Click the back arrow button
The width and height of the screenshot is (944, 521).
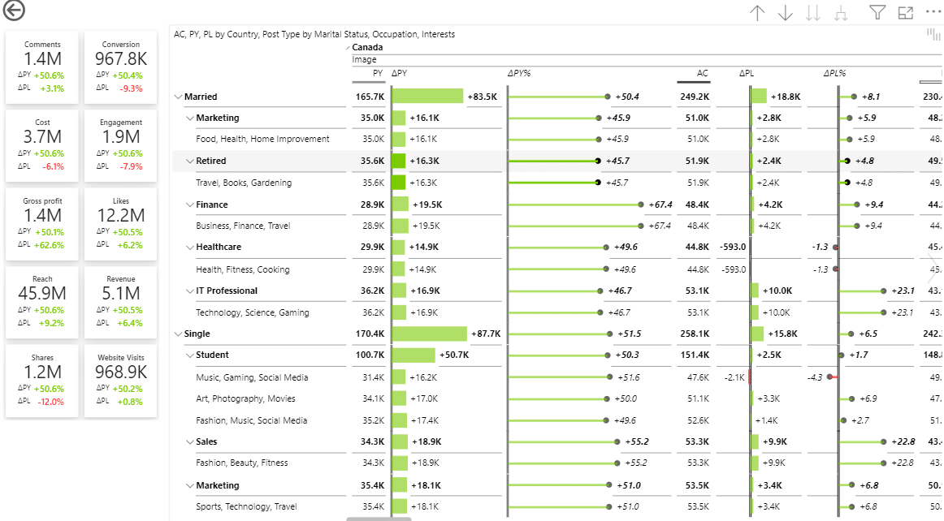pos(14,11)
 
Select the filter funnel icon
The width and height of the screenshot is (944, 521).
pos(877,12)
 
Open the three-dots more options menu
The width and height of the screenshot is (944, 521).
pos(933,12)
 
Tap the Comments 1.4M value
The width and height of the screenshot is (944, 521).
pos(42,59)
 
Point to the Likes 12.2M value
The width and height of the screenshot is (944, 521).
pos(121,215)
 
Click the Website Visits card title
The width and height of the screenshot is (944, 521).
pos(121,357)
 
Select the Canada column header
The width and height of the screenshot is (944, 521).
pos(367,47)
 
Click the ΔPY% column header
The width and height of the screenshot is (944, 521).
pos(519,73)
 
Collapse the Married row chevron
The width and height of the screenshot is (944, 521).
pos(178,97)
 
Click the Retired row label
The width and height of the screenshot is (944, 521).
pos(211,161)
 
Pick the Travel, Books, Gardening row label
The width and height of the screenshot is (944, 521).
pos(244,183)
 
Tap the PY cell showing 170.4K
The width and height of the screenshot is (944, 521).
pos(370,334)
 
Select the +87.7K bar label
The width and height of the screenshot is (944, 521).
pos(486,334)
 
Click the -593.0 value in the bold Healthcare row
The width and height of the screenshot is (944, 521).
pos(732,247)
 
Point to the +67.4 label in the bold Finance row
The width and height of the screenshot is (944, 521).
pos(655,205)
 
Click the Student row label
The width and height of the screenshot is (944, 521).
pos(212,355)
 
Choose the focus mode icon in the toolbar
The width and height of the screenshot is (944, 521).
pos(906,12)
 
